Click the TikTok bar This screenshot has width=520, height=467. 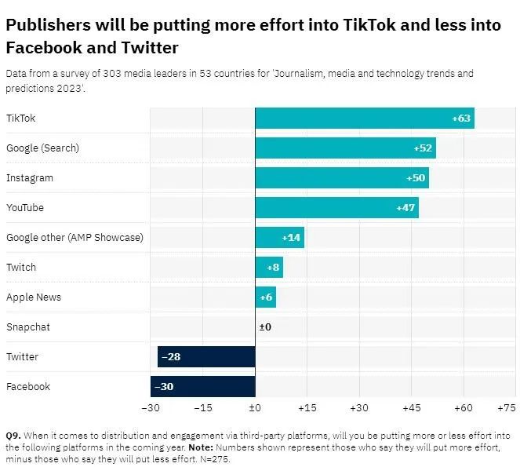coord(365,119)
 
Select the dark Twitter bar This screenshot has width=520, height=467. coord(206,357)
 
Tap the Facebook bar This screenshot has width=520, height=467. coord(203,387)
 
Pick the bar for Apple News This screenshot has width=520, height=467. coord(266,297)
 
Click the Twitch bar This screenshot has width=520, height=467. coord(269,268)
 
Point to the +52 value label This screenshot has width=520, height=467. coord(423,148)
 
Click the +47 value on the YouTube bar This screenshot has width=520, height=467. coord(406,208)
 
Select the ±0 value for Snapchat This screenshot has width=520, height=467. coord(265,327)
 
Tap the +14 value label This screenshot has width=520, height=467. coord(292,238)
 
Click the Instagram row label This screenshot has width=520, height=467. coord(30,178)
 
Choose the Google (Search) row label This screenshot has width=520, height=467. coord(42,148)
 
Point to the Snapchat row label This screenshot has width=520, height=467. coord(28,327)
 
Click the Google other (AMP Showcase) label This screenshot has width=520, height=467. coord(75,238)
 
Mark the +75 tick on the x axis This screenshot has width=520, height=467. coord(506,409)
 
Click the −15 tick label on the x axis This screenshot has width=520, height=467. coord(202,409)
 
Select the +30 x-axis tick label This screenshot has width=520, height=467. coord(359,409)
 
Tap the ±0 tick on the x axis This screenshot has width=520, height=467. coord(255,409)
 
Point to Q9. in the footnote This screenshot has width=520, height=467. coord(14,435)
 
